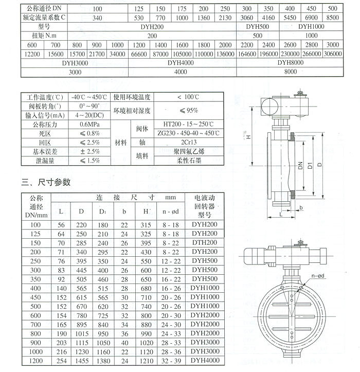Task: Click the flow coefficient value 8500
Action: click(x=332, y=17)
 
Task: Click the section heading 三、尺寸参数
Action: click(x=45, y=182)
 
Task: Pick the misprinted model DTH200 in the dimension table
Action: click(x=204, y=242)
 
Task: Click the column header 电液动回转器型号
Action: click(x=204, y=206)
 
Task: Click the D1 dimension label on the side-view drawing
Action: click(x=310, y=165)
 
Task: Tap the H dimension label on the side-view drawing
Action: click(x=247, y=137)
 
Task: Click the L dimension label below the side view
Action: click(x=281, y=212)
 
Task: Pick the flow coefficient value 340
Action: click(x=97, y=17)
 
